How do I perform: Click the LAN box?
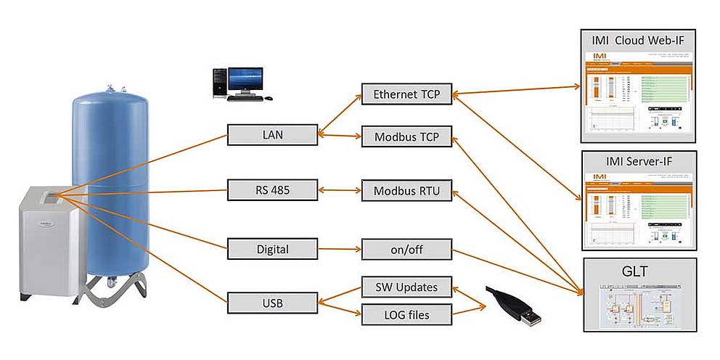[272, 134]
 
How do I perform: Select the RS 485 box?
[272, 191]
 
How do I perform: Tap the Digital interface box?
[272, 249]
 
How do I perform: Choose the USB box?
[272, 302]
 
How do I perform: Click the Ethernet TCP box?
[406, 94]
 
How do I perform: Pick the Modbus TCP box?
[406, 136]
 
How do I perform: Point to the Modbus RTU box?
[406, 192]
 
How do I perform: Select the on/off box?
[406, 249]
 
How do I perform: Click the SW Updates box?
[406, 287]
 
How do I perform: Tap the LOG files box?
[406, 314]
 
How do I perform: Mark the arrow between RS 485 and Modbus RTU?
[339, 191]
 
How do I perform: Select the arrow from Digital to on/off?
[339, 249]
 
